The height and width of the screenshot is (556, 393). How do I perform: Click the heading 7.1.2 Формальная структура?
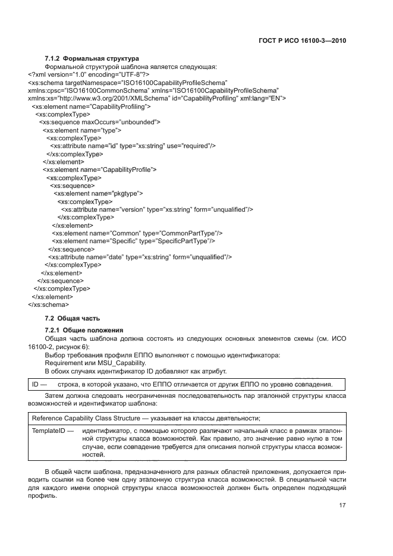(x=92, y=58)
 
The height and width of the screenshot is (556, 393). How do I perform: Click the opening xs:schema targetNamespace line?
(x=127, y=82)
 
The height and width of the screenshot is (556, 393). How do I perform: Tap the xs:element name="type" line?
(x=82, y=130)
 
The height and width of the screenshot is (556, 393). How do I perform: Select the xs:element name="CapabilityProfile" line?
(x=99, y=169)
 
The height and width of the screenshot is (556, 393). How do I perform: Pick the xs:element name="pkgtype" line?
(x=98, y=193)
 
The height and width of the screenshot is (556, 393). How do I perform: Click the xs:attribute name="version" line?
(x=157, y=209)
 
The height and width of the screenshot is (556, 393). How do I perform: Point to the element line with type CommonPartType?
(x=137, y=233)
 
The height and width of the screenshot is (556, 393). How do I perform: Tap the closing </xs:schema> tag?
(x=48, y=305)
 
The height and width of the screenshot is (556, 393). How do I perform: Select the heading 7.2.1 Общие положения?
(x=84, y=330)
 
